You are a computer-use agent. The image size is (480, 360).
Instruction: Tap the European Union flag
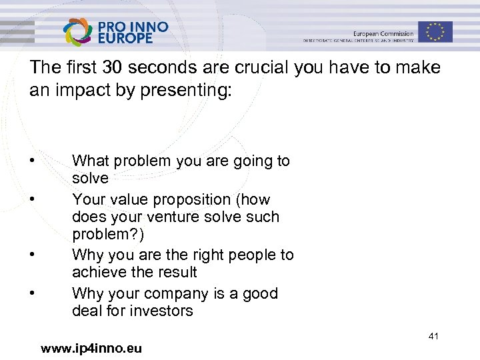tap(435, 31)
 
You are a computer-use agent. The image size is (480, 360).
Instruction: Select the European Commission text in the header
tap(383, 33)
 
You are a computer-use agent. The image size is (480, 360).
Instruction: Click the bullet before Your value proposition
tap(31, 199)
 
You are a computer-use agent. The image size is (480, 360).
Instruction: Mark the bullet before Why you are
tap(31, 255)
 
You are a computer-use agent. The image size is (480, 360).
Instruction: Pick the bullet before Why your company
tap(31, 293)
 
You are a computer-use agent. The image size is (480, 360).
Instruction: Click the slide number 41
tap(433, 337)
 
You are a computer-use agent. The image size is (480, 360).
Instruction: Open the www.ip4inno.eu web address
tap(91, 348)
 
